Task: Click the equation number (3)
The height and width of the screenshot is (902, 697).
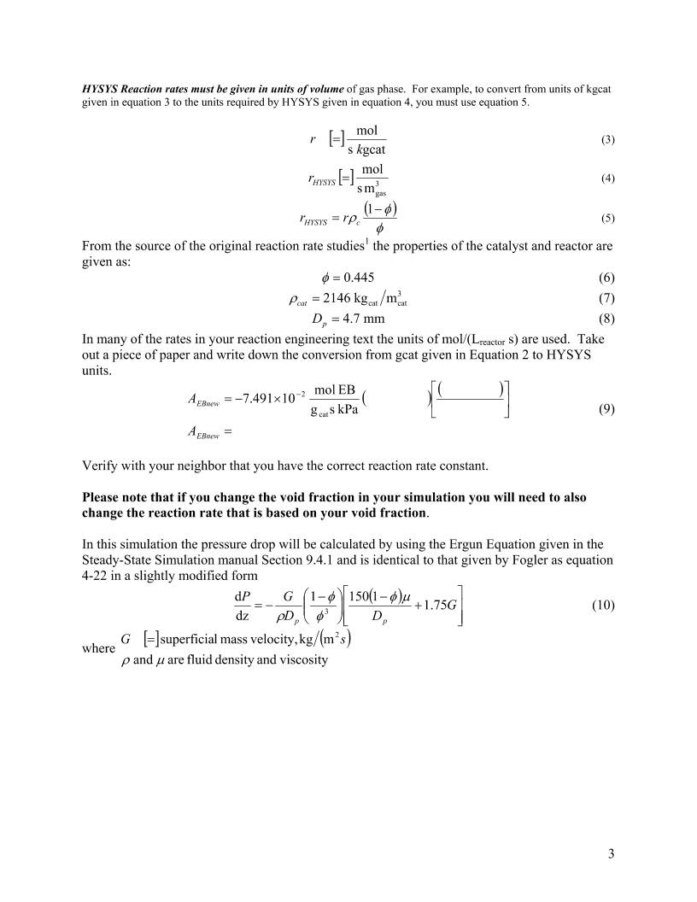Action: click(x=608, y=139)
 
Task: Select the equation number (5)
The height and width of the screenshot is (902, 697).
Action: click(x=608, y=219)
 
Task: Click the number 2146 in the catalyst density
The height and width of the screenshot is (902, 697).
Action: click(x=338, y=299)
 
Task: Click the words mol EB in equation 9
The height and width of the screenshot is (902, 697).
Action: click(x=335, y=390)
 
